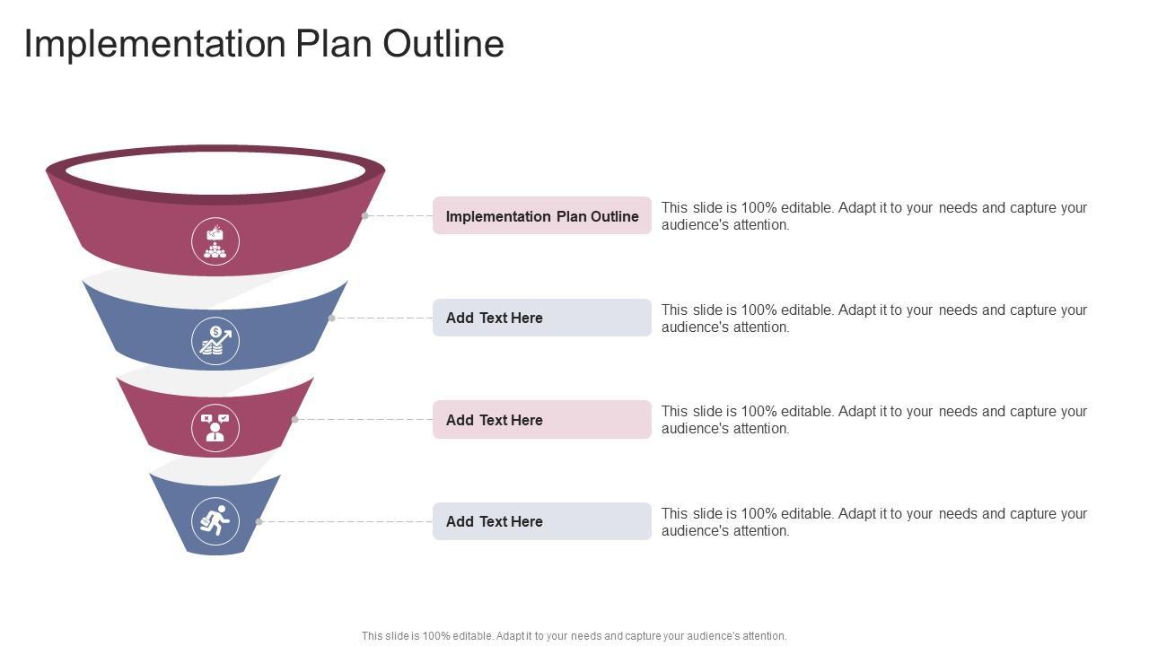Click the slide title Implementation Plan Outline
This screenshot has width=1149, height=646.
[263, 44]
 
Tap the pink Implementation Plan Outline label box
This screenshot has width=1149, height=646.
[541, 216]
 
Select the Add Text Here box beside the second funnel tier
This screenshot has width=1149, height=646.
[541, 318]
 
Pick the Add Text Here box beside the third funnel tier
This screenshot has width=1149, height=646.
[541, 420]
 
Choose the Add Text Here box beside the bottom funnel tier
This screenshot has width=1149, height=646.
[541, 521]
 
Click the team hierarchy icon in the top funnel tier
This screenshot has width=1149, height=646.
[215, 241]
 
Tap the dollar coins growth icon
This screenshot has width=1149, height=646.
[215, 341]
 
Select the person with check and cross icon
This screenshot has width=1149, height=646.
[215, 428]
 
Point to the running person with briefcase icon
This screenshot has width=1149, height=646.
[215, 521]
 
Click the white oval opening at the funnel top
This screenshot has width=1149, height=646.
[215, 170]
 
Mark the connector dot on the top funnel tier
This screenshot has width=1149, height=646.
[364, 216]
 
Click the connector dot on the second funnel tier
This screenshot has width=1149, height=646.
[331, 318]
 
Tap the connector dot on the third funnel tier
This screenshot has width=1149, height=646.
[294, 419]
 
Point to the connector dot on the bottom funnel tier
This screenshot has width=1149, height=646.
[259, 521]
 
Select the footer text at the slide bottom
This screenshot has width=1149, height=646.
[574, 636]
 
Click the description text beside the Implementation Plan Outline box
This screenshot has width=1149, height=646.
[873, 216]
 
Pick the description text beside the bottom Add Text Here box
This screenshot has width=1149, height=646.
[873, 522]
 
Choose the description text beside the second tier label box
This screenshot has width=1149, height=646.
[873, 319]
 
